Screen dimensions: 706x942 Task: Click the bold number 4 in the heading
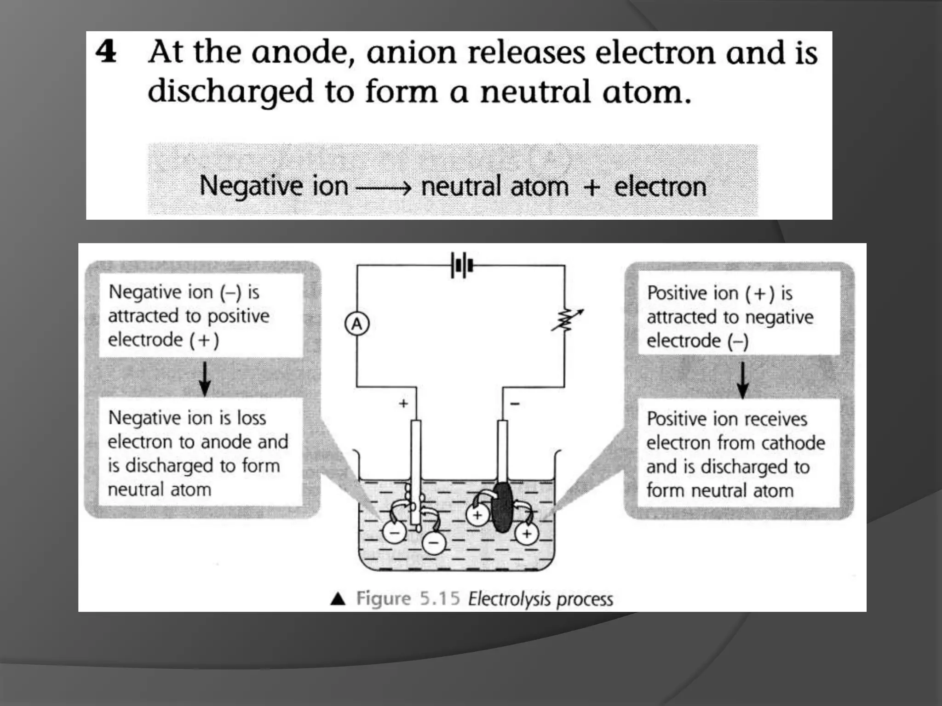pos(106,52)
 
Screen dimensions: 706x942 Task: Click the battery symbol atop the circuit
pos(462,266)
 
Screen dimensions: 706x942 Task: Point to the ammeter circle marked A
pos(357,325)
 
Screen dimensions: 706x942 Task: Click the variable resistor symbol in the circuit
pos(567,320)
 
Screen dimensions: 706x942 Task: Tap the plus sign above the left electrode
pos(403,404)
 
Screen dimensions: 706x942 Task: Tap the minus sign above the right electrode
pos(515,404)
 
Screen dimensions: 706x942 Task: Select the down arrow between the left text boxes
pos(205,379)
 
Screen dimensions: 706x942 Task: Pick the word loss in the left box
pos(251,418)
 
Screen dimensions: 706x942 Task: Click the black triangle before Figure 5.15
pos(338,599)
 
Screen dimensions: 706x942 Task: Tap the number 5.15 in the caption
pos(440,598)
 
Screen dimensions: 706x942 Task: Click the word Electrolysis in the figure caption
pos(509,599)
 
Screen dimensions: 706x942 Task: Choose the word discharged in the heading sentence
pos(230,92)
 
